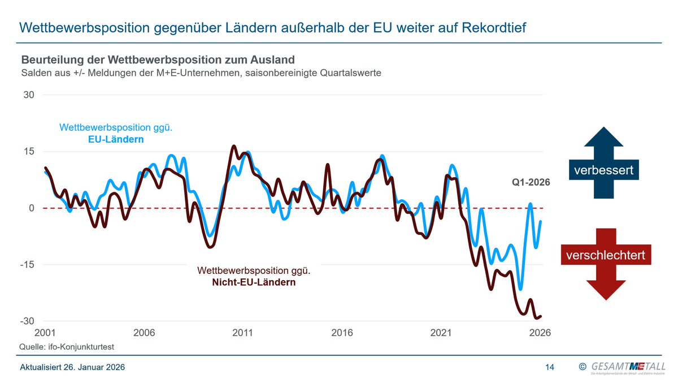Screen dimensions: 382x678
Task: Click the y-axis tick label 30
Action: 29,95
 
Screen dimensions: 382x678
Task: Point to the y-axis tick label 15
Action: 29,152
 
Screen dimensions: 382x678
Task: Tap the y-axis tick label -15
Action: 27,265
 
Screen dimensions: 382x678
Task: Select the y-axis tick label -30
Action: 27,321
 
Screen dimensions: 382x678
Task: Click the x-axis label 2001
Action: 45,333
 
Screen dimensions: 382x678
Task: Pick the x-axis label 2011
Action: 243,333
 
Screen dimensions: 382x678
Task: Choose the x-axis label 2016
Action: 342,333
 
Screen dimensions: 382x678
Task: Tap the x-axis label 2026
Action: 540,333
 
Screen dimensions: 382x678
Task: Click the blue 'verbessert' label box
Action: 603,169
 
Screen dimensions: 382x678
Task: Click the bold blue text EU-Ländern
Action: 116,139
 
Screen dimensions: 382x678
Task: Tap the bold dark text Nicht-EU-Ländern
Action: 254,282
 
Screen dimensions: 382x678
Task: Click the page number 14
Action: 549,367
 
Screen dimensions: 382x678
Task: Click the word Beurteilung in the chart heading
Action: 50,60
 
